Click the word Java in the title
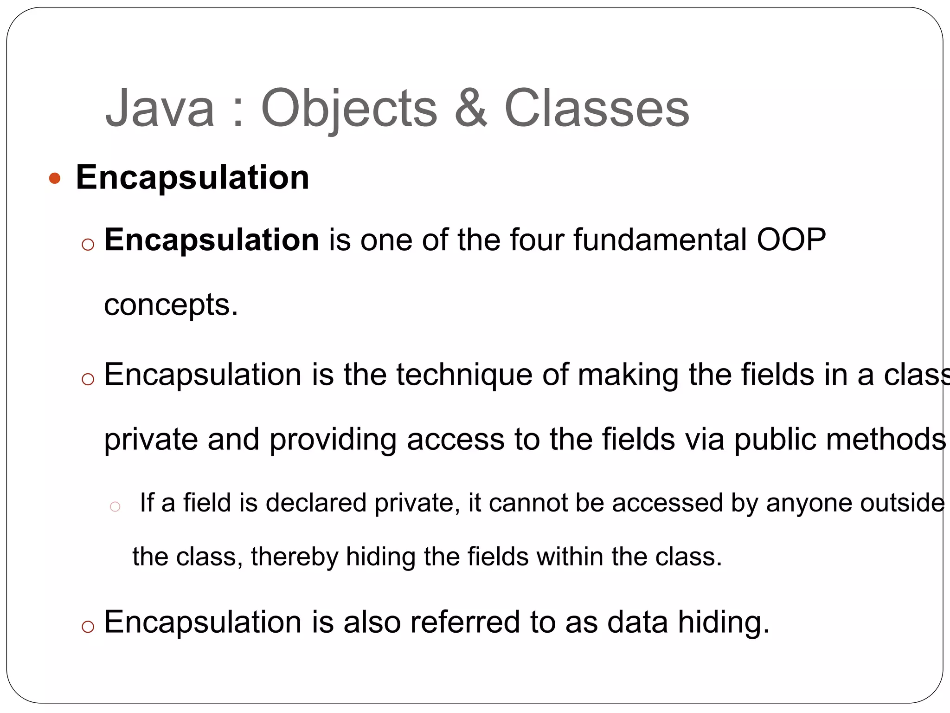point(160,109)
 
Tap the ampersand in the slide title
point(471,109)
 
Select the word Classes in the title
point(597,109)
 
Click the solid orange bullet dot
point(55,178)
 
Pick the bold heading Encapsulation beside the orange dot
point(193,177)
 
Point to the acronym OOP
point(791,240)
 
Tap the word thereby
point(294,557)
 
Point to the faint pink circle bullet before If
point(115,506)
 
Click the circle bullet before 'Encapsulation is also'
point(88,627)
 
